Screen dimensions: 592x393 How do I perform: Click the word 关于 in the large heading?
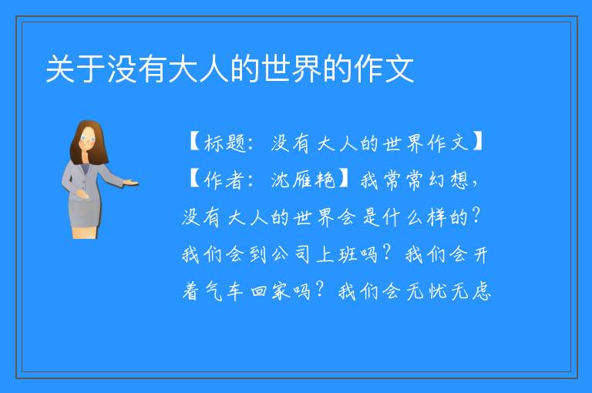76,69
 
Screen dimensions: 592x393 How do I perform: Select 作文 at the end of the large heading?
384,69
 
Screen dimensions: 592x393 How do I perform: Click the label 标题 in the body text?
225,143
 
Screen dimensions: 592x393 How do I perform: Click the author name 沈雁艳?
303,180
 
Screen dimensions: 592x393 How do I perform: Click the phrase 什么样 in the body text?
414,217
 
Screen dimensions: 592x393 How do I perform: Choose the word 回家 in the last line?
270,291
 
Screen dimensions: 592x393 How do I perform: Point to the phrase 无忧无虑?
449,291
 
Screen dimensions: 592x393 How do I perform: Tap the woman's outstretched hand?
130,183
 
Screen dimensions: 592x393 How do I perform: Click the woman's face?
88,139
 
